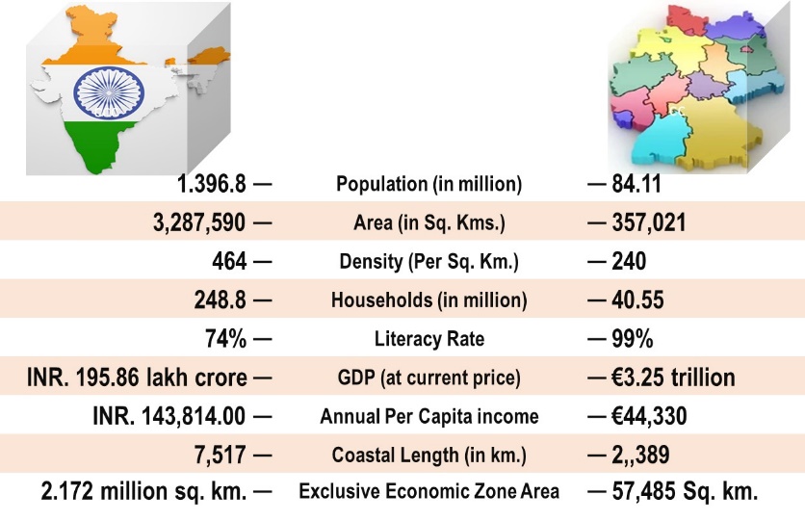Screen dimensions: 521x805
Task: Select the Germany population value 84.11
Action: pos(637,184)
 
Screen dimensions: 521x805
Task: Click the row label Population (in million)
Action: pos(428,184)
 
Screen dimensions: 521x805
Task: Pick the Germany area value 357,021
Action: pos(649,223)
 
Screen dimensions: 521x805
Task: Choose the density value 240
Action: pos(629,262)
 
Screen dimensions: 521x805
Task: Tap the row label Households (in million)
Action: pos(428,300)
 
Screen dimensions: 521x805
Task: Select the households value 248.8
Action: pos(220,300)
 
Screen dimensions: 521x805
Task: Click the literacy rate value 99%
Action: pos(633,339)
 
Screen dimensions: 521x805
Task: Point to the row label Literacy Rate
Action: pos(428,339)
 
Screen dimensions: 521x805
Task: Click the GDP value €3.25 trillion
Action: pos(673,378)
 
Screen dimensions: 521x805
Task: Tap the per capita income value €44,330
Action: pos(652,417)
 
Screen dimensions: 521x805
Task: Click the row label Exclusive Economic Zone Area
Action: pos(428,492)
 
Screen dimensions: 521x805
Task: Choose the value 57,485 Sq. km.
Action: pos(685,492)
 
